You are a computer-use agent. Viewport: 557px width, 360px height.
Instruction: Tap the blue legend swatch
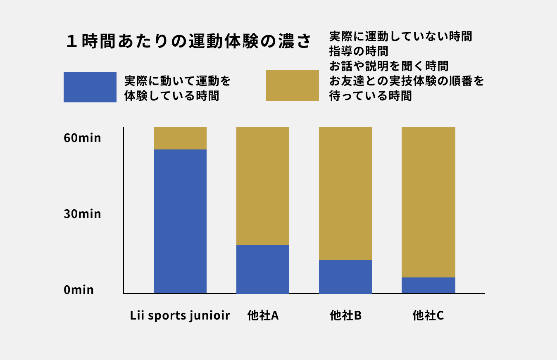(90, 87)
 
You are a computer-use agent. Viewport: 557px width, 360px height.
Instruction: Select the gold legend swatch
(292, 85)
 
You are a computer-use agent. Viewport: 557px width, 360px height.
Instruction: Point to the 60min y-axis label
(82, 138)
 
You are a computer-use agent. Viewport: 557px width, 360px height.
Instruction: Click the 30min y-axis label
(82, 214)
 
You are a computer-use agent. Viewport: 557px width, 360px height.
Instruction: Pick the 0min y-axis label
(79, 290)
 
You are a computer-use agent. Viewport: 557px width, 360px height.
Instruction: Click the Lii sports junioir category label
(180, 316)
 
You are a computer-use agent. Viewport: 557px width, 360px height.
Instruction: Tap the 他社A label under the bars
(263, 316)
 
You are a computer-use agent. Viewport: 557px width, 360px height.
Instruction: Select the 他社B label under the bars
(345, 316)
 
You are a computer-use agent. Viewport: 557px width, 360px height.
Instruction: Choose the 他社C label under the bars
(428, 316)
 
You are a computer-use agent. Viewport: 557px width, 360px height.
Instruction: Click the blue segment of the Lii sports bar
(180, 221)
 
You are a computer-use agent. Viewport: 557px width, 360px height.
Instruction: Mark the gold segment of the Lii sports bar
(180, 138)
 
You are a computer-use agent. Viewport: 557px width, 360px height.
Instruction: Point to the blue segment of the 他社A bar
(262, 269)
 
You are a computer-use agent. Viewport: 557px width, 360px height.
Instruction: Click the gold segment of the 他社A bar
(262, 186)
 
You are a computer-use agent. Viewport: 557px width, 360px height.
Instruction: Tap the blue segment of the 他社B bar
(345, 277)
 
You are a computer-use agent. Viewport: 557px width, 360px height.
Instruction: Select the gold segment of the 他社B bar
(345, 194)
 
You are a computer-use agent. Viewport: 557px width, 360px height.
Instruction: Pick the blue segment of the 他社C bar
(428, 285)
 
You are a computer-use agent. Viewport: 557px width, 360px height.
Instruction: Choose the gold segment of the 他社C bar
(428, 202)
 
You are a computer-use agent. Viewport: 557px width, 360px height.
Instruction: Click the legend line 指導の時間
(359, 51)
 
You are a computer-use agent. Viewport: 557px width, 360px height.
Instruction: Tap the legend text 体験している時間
(171, 96)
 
